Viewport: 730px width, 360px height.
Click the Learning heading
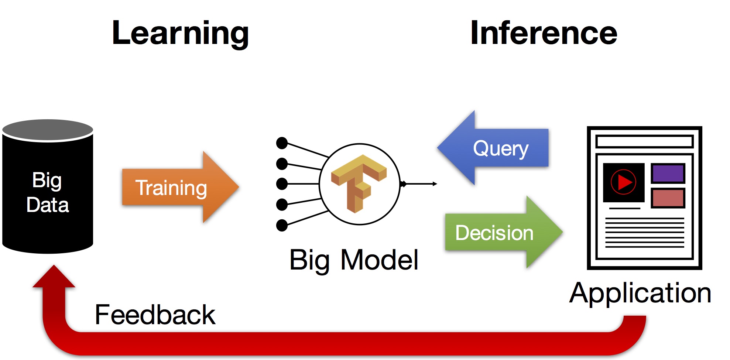180,34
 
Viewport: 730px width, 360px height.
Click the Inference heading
544,33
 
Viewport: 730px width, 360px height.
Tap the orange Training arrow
180,187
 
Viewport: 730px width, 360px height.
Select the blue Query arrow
493,148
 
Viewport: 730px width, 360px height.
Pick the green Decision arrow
504,232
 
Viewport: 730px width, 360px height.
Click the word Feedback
155,315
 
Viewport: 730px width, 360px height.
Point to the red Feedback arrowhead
54,276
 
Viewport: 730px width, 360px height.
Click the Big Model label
354,260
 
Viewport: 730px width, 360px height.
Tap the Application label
640,293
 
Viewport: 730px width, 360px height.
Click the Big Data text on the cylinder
47,192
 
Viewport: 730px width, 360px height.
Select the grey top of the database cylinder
48,130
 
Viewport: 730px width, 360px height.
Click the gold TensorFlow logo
359,184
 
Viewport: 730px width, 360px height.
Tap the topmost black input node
282,143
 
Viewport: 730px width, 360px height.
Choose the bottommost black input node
282,225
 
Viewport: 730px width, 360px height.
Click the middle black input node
282,184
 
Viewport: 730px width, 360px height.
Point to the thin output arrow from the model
419,184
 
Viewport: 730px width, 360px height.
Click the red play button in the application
623,182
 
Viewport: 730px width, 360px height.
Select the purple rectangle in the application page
668,174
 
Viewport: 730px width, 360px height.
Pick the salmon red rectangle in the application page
668,198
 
